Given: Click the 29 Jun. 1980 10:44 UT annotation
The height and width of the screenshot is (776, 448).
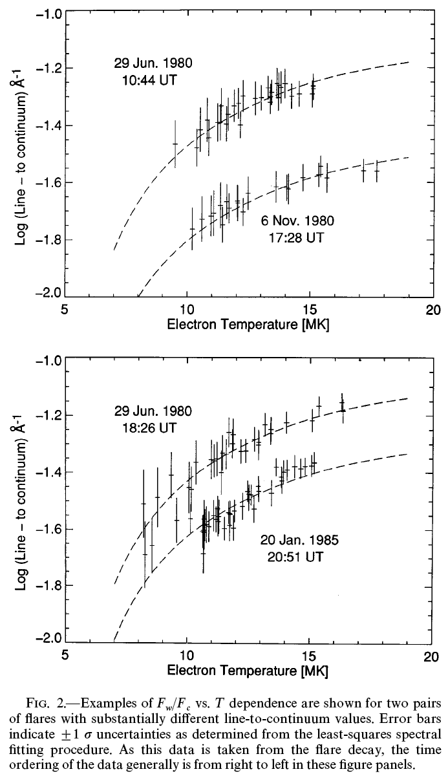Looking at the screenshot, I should coord(149,72).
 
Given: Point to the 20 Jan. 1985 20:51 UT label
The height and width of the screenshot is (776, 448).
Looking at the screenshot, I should coord(299,547).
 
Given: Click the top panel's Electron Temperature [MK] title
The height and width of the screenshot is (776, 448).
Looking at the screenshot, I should coord(248,324).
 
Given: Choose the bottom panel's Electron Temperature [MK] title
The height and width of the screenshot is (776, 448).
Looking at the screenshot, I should coord(248,671).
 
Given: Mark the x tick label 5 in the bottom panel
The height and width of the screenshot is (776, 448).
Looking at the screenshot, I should coord(65,656).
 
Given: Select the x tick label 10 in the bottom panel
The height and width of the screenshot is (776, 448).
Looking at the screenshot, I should coord(187,656).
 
